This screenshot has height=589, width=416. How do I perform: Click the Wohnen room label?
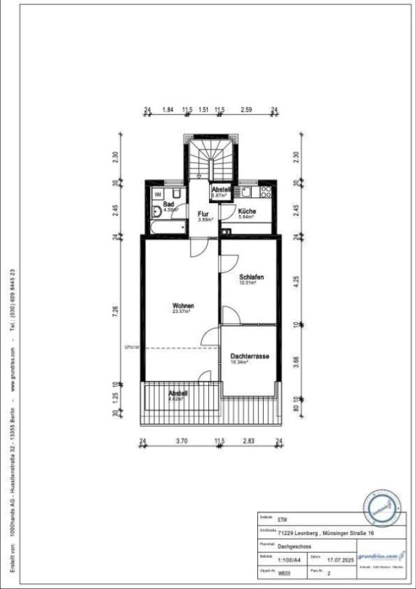click(182, 306)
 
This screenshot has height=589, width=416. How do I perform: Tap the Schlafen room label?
click(251, 277)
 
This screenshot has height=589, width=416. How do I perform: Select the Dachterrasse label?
click(249, 357)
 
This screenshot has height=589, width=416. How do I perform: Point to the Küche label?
click(247, 211)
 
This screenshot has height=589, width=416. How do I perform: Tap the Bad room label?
click(159, 204)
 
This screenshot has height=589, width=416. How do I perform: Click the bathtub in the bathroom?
click(168, 227)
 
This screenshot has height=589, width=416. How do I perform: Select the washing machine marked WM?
click(158, 193)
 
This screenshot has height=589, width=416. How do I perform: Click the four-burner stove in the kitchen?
click(266, 192)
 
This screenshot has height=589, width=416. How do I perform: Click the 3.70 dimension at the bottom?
click(181, 441)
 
